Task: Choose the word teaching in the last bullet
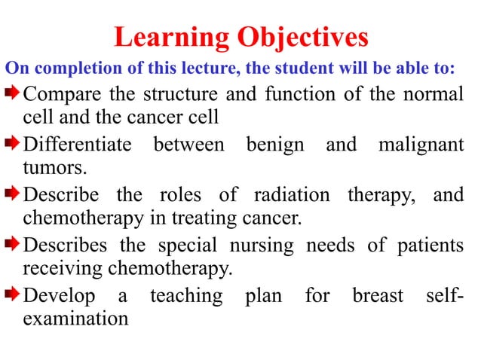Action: tap(186, 296)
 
